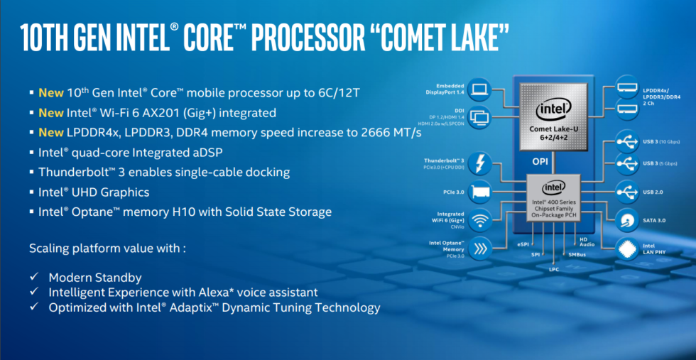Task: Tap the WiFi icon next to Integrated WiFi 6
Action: click(480, 220)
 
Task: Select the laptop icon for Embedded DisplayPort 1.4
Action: click(480, 89)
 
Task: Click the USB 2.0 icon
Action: click(629, 191)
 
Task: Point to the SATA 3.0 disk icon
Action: click(629, 220)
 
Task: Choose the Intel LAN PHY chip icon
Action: click(629, 248)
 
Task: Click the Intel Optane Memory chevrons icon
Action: click(480, 248)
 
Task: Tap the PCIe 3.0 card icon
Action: click(480, 192)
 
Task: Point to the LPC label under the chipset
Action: click(554, 270)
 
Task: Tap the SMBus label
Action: click(577, 253)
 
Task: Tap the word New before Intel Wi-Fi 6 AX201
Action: click(51, 112)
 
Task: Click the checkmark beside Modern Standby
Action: click(34, 278)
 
